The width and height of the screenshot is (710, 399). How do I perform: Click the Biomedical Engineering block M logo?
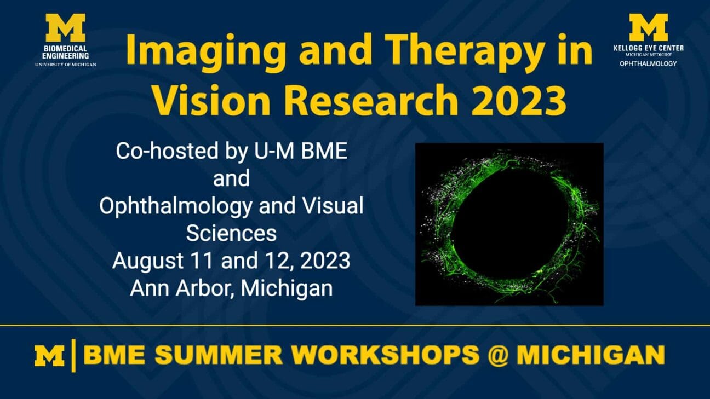click(x=65, y=28)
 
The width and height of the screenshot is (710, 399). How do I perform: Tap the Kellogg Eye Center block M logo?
click(x=648, y=28)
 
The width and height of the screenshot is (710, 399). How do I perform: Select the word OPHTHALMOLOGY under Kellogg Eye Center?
click(x=648, y=63)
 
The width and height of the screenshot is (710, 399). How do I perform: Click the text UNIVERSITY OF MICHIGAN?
click(x=65, y=64)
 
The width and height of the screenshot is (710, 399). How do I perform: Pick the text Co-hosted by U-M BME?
click(x=231, y=152)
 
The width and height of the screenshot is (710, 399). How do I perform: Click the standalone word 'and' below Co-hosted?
click(x=231, y=178)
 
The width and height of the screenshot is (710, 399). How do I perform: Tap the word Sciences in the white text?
click(x=231, y=234)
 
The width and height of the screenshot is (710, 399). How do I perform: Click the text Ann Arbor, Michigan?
click(x=231, y=288)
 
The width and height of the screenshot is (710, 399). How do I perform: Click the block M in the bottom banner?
click(x=49, y=356)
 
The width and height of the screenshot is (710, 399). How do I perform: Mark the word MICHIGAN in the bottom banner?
click(x=591, y=356)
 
